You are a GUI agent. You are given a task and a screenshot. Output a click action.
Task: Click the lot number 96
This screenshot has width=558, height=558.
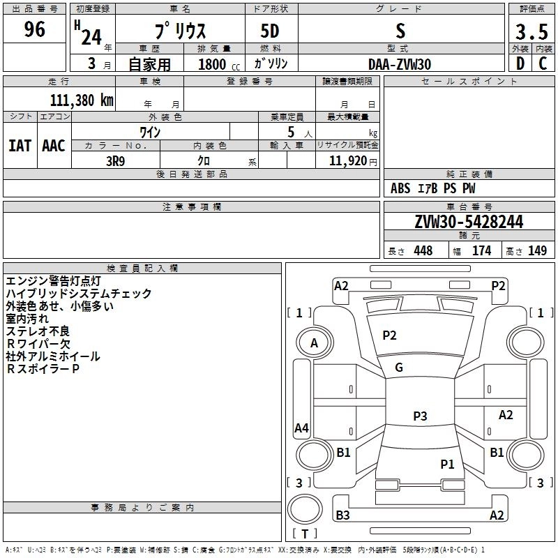(34, 29)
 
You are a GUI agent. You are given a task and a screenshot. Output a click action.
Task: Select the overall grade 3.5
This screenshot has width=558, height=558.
(531, 31)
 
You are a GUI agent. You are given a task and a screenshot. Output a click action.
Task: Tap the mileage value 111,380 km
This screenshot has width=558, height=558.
(82, 100)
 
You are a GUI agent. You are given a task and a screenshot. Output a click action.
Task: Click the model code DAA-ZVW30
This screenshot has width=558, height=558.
(400, 64)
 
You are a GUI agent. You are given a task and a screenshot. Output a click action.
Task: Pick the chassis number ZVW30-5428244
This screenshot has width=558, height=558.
(469, 222)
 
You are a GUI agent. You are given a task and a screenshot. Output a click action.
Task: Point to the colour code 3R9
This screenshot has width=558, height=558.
(116, 161)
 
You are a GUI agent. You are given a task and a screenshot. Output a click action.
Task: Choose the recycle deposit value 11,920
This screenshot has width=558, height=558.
(347, 160)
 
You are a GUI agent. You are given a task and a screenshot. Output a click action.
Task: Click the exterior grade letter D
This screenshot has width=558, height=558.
(520, 63)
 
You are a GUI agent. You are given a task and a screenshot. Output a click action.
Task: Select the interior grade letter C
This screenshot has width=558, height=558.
(543, 63)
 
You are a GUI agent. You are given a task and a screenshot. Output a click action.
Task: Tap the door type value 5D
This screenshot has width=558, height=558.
(270, 31)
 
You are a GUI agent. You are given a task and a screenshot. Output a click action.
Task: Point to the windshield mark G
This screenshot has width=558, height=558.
(399, 368)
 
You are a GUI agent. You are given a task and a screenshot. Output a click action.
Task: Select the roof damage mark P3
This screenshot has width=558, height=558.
(420, 416)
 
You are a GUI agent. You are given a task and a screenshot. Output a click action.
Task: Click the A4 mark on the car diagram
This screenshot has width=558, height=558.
(301, 428)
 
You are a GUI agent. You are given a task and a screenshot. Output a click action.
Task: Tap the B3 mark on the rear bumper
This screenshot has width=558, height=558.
(342, 515)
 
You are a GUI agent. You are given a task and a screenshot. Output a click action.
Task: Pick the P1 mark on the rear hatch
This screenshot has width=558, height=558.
(447, 464)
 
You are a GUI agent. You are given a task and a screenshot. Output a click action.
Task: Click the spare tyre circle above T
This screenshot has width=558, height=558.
(305, 509)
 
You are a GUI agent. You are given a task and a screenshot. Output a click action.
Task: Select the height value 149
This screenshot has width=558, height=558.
(537, 250)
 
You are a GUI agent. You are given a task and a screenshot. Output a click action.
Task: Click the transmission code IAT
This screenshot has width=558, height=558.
(20, 146)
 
